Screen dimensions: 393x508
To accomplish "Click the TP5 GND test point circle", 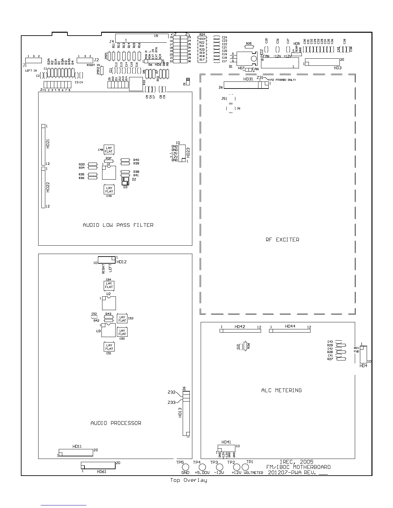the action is coord(185,467).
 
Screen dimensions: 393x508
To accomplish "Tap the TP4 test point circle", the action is coord(202,467).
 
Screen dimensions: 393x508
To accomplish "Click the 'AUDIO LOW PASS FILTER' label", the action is coord(118,225).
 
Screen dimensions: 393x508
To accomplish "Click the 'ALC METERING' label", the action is coord(281,390).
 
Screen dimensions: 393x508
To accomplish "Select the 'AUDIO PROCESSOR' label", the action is coord(116,423).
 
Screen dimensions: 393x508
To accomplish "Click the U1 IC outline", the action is coord(109,173).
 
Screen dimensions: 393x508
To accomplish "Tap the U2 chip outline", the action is coord(109,303).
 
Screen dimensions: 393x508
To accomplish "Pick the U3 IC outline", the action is coord(108,330).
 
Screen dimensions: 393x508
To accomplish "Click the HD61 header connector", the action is coord(98,465).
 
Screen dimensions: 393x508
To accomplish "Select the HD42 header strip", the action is coord(240,331).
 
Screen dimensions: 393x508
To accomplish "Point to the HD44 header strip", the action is coord(290,331).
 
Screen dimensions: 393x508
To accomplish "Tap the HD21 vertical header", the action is coord(43,145).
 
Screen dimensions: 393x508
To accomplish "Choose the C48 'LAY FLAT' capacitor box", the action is coord(109,150).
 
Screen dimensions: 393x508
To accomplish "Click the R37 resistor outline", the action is coord(109,161).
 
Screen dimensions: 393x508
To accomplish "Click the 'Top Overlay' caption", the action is coord(188,480).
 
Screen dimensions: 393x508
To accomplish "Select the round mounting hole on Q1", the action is coord(254,59).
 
